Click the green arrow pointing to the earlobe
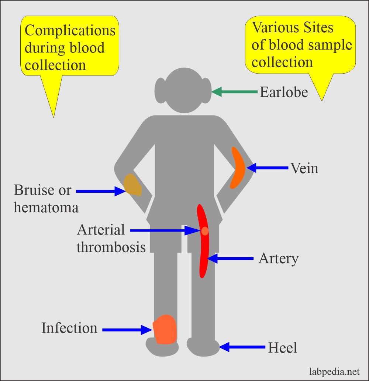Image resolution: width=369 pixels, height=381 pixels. tap(234, 92)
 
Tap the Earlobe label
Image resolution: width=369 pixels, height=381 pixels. tap(283, 92)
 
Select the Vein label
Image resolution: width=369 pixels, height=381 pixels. tap(304, 168)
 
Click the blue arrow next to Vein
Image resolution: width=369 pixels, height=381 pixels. tap(268, 168)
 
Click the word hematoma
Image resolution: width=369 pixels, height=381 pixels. tap(46, 207)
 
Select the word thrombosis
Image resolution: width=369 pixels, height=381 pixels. tap(111, 247)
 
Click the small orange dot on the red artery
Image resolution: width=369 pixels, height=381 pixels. tap(205, 231)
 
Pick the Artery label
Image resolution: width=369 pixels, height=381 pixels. tap(278, 258)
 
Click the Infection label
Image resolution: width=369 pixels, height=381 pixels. tap(69, 328)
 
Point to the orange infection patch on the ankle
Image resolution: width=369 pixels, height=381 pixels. tap(165, 329)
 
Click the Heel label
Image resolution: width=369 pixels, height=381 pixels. tap(282, 348)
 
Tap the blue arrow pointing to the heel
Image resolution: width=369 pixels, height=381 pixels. tap(242, 347)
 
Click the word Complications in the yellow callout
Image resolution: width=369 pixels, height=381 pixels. tap(70, 30)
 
